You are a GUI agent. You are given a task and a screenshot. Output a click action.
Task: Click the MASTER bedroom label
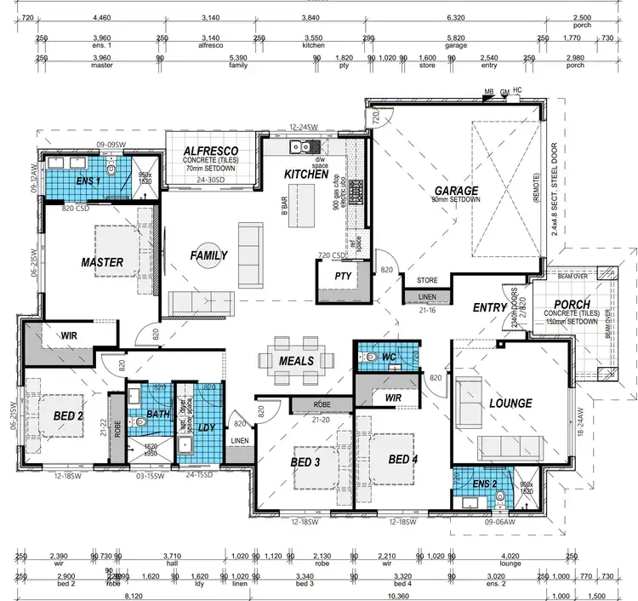tap(102, 261)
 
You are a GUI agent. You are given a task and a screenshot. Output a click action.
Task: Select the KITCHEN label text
tap(305, 174)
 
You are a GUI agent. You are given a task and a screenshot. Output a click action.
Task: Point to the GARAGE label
tap(457, 191)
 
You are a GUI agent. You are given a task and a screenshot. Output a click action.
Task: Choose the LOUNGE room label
tap(510, 403)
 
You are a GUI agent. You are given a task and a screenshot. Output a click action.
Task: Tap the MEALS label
tap(297, 361)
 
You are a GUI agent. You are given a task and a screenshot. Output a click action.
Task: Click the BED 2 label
tap(67, 416)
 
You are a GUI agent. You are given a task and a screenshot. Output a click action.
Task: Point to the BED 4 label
tap(403, 460)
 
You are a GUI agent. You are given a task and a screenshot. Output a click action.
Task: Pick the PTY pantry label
tap(343, 276)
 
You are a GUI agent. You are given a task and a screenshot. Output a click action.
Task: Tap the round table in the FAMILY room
tap(208, 255)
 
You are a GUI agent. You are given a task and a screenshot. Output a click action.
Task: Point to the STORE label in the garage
tap(427, 279)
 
